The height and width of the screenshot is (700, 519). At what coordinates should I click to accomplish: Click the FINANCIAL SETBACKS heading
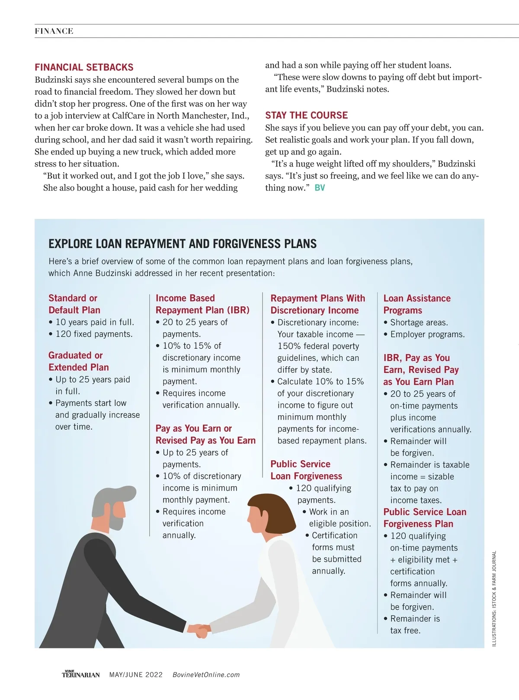[84, 67]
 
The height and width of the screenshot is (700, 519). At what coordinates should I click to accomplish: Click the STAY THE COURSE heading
[306, 116]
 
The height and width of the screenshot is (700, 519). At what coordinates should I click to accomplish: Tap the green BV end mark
[320, 188]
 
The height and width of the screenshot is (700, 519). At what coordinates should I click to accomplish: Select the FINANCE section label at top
[54, 31]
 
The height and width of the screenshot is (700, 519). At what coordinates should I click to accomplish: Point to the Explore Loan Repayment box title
[183, 244]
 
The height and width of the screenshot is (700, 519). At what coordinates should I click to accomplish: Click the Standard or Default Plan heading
[74, 304]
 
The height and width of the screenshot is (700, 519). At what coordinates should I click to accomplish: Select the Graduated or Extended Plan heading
[78, 361]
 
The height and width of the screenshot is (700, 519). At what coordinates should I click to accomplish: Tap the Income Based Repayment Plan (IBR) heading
[202, 304]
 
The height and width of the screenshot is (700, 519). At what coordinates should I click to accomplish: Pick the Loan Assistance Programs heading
[416, 304]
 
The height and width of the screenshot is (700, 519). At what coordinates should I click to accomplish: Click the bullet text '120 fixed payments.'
[94, 334]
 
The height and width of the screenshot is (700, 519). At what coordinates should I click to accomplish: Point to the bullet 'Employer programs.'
[427, 334]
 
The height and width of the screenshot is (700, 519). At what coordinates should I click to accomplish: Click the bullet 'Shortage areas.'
[419, 322]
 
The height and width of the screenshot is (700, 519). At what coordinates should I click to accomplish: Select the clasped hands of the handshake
[199, 629]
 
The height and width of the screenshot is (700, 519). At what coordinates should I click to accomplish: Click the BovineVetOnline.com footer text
[206, 675]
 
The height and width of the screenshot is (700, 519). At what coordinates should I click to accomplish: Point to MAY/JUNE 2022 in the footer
[136, 675]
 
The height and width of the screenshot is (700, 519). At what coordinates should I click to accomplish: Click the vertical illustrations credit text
[494, 599]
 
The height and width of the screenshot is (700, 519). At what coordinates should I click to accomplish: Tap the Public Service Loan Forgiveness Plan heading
[425, 518]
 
